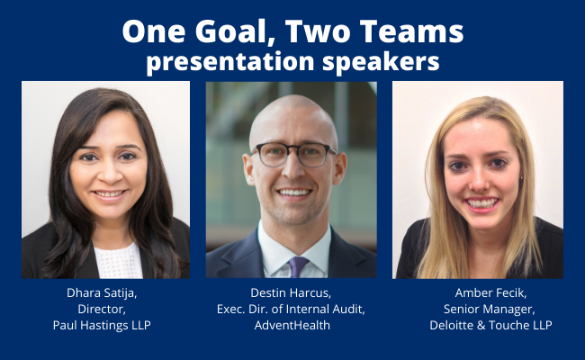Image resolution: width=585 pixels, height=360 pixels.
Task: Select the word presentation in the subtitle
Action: point(230,61)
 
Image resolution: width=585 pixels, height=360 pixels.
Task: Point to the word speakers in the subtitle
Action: point(381,61)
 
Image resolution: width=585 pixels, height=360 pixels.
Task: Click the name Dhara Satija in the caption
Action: point(101,293)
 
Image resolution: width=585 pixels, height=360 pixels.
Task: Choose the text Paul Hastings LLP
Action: point(102,325)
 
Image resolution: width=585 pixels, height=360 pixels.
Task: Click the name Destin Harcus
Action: point(291,293)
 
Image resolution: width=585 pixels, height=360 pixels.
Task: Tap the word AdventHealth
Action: point(292,325)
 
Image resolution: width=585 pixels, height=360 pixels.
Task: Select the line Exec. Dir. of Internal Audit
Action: point(291,310)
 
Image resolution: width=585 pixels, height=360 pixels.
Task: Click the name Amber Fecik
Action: point(490,293)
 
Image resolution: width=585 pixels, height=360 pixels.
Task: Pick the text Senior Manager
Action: point(489,310)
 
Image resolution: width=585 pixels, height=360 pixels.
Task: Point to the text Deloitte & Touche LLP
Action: point(490,325)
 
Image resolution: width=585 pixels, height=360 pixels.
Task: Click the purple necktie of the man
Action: point(297,266)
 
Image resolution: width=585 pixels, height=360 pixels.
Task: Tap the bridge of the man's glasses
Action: point(292,149)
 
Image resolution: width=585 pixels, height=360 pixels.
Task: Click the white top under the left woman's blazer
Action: point(118,261)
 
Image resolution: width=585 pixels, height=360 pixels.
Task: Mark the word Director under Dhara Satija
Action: point(102,310)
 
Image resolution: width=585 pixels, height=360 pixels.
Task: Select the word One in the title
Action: point(153,31)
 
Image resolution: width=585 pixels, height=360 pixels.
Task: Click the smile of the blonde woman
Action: point(482,203)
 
